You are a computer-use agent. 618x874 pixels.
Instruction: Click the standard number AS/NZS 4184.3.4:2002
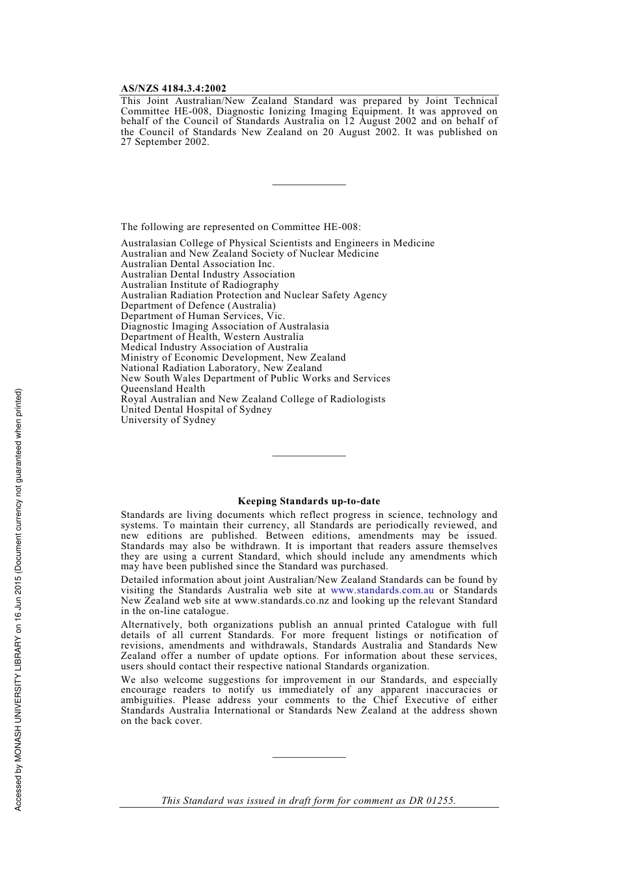tap(173, 88)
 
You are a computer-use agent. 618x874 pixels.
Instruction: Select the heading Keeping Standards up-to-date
tap(308, 501)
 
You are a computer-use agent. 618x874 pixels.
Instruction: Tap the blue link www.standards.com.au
tap(382, 590)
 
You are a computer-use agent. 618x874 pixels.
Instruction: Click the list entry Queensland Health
tap(163, 389)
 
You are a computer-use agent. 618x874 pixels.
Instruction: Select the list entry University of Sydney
tap(168, 420)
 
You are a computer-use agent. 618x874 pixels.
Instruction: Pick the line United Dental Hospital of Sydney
tap(196, 409)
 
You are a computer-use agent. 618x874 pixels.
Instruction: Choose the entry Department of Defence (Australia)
tap(198, 305)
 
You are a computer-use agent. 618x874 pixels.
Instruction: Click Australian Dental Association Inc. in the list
tap(197, 264)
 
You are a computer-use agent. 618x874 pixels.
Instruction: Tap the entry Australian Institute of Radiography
tap(199, 285)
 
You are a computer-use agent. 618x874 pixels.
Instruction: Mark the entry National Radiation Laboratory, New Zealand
tap(221, 368)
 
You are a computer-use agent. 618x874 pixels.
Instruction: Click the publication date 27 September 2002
tap(165, 142)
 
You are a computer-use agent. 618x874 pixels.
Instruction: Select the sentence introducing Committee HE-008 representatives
tap(240, 227)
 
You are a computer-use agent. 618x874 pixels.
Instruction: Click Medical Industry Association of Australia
tap(214, 347)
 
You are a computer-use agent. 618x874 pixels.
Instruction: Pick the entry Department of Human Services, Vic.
tap(202, 316)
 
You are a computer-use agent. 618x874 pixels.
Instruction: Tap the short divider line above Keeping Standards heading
tap(308, 456)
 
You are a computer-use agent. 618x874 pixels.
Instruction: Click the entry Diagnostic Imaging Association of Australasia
tap(224, 326)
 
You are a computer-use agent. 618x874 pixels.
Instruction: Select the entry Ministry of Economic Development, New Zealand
tap(233, 357)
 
